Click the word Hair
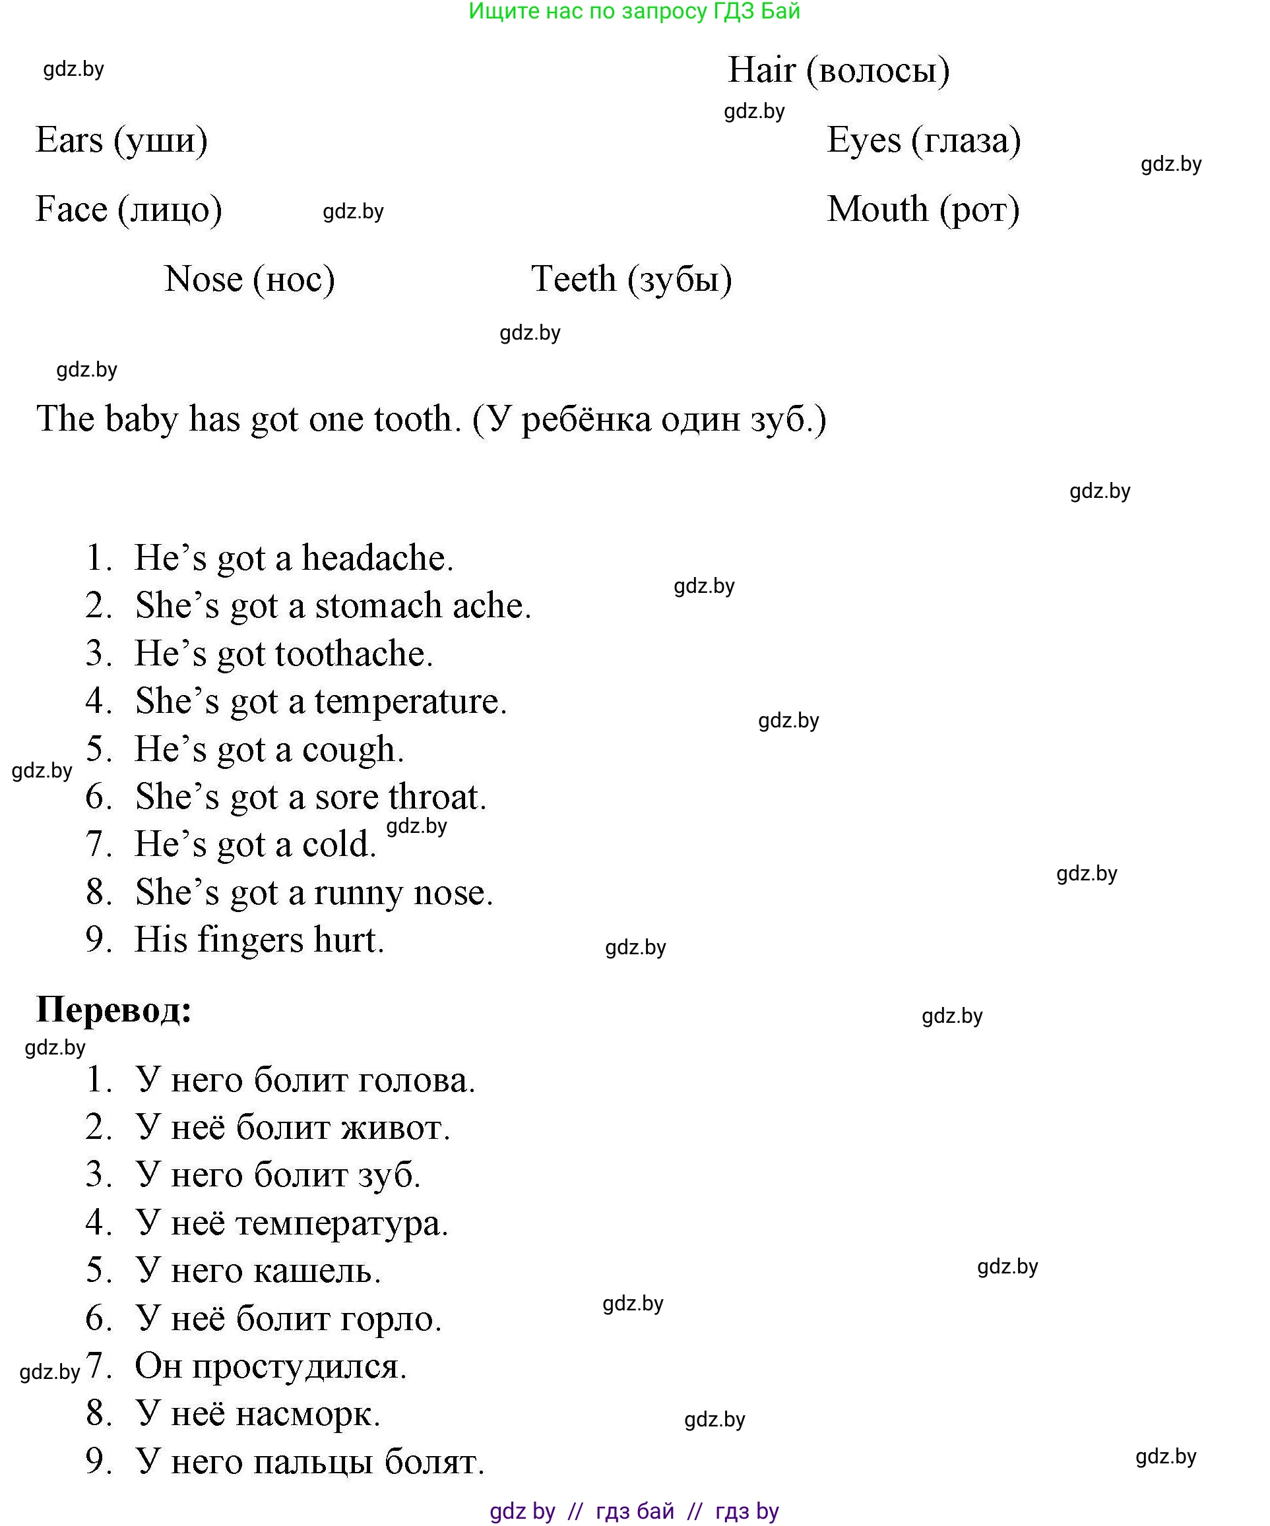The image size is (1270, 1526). (762, 71)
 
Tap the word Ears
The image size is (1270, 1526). (69, 140)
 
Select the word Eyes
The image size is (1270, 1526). (864, 140)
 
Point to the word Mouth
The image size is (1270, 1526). (877, 209)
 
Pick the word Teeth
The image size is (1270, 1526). (573, 279)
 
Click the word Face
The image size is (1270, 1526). (71, 209)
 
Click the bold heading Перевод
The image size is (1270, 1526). (113, 1010)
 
